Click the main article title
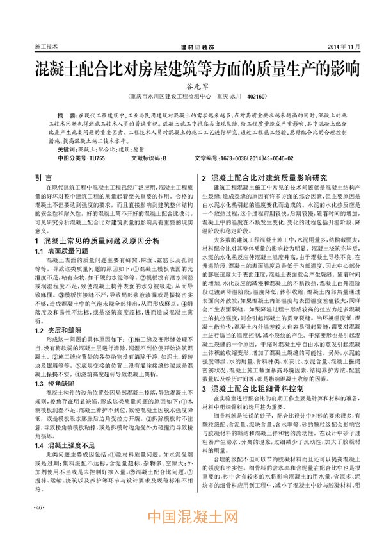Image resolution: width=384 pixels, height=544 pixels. pos(191,69)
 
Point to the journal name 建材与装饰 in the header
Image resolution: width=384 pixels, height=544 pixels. pos(191,47)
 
